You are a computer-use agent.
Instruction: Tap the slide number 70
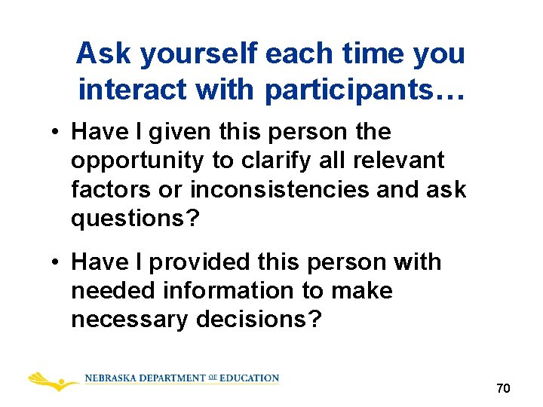(x=503, y=389)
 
